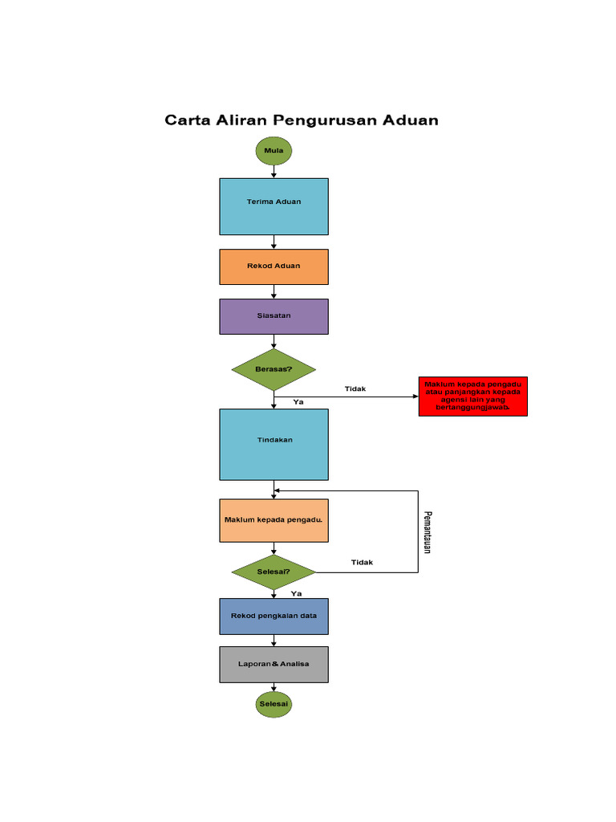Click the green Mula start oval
(274, 150)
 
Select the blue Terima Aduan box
(274, 206)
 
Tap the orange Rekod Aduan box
(274, 267)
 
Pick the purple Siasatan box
(274, 316)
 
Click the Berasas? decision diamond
(274, 369)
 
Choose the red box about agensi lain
(472, 396)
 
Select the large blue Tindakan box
(274, 444)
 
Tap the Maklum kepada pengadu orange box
(274, 520)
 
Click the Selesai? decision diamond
(274, 572)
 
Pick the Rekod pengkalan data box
(274, 616)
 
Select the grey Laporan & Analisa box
(274, 664)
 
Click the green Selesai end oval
(274, 705)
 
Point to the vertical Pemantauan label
(428, 531)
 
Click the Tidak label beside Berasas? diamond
(355, 389)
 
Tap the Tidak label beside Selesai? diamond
(362, 563)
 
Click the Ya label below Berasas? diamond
(298, 401)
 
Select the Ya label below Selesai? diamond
(296, 593)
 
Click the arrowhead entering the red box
(415, 397)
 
